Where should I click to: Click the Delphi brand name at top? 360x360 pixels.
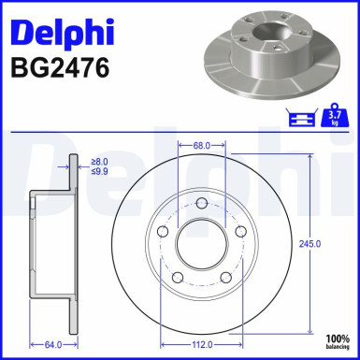[x=61, y=32]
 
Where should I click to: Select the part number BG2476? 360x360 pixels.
[x=58, y=70]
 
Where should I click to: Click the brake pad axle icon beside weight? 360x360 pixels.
[x=301, y=116]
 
